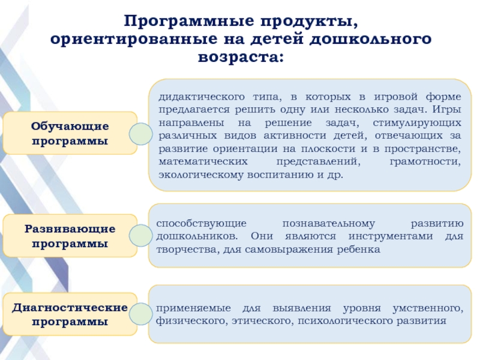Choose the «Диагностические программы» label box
(x=70, y=314)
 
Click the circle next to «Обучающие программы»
(x=140, y=134)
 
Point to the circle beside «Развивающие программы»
(x=140, y=235)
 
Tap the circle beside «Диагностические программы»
(x=140, y=314)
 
